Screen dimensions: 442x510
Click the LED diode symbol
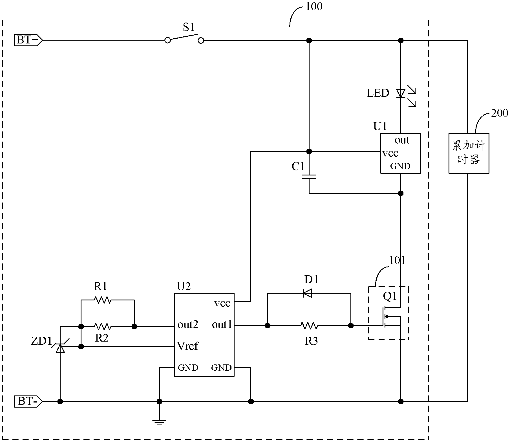401,93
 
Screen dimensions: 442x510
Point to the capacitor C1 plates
309,177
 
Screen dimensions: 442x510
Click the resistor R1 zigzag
103,300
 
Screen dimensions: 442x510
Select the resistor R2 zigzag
103,326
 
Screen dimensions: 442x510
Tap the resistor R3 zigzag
309,326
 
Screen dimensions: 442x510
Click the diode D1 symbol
307,293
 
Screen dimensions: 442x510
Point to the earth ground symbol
159,422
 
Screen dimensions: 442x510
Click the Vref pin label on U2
188,346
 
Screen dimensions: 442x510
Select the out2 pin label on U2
188,325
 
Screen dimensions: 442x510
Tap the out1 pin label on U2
222,325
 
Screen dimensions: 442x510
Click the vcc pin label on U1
390,153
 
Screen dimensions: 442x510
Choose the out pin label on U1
402,140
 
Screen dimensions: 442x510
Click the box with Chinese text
469,153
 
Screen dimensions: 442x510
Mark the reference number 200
499,113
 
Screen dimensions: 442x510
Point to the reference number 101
397,260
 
